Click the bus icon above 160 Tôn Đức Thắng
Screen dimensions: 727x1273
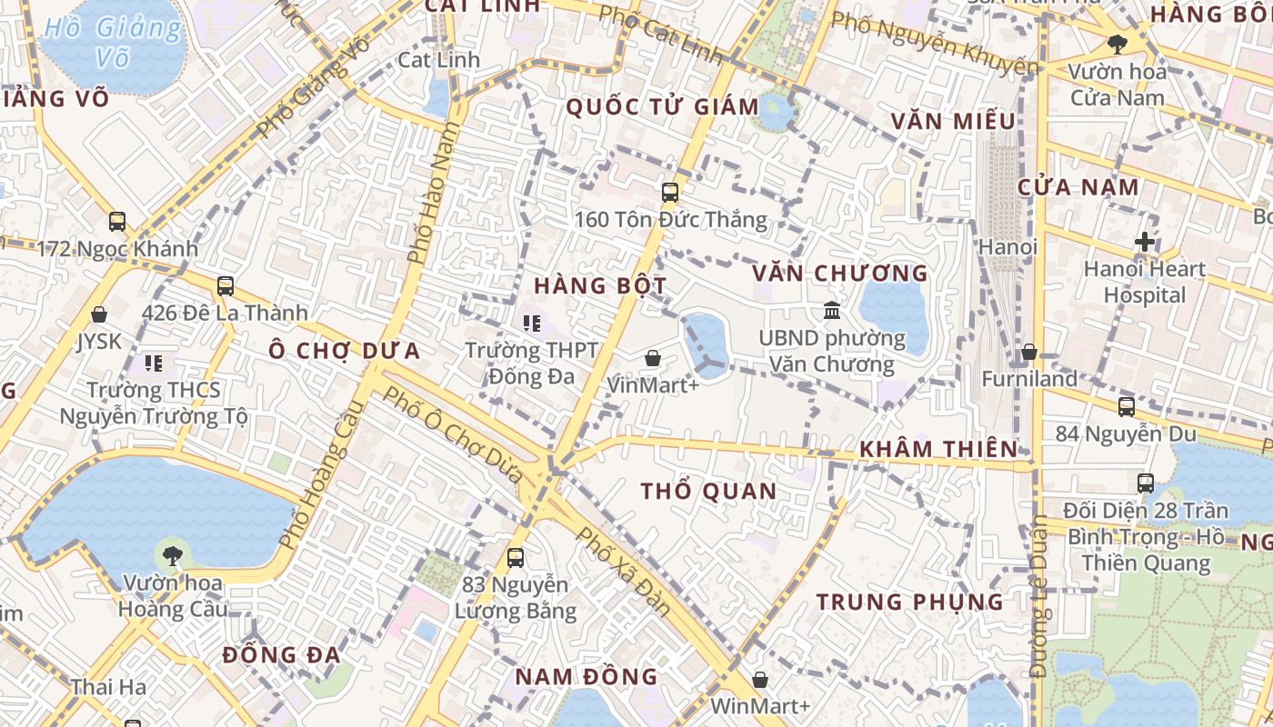pos(670,193)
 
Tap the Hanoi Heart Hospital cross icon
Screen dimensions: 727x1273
pos(1145,243)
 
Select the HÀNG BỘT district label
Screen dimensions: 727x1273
pos(600,285)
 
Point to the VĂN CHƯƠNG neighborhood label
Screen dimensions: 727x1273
pos(840,273)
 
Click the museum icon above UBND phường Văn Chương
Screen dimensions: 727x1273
pos(831,311)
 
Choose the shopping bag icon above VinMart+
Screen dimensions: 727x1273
pos(652,358)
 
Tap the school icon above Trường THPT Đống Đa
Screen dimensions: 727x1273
pos(532,323)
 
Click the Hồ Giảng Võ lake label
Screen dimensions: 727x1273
pos(112,42)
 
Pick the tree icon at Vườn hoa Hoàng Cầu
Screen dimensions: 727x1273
pos(172,555)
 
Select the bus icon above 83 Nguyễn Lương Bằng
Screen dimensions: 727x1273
pos(516,557)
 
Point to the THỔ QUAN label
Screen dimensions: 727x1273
pos(709,492)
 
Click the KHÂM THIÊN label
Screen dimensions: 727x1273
pos(938,449)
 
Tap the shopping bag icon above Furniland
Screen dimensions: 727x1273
pos(1029,352)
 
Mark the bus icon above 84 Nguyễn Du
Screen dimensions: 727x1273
pos(1127,406)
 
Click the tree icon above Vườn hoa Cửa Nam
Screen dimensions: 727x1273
pos(1117,44)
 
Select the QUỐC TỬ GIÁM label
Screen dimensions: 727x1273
pos(662,107)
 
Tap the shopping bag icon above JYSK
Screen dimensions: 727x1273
pos(99,314)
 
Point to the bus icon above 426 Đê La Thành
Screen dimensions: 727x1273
pos(226,286)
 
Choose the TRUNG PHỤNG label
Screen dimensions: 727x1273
pos(909,602)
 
